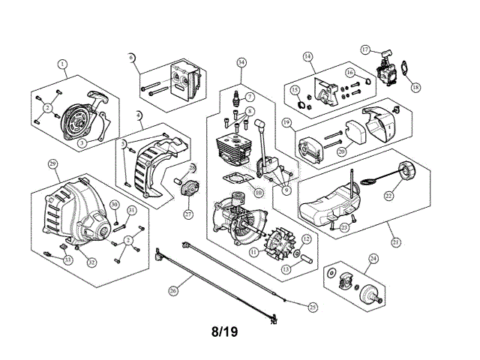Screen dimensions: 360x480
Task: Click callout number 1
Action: pos(62,64)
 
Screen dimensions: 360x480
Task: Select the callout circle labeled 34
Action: pos(241,62)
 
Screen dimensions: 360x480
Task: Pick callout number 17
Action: pos(365,49)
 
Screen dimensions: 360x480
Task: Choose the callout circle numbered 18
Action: pos(416,87)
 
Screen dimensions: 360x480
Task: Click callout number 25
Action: pos(313,305)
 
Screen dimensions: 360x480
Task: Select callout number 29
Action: pos(52,163)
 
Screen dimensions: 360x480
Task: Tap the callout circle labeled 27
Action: pos(188,214)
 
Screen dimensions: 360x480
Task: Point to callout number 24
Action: pos(373,259)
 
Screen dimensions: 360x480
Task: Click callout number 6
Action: pos(131,57)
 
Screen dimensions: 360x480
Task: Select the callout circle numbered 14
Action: pos(307,56)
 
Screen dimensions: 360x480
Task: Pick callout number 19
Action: pos(287,121)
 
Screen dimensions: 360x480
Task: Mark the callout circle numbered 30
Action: pos(114,205)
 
